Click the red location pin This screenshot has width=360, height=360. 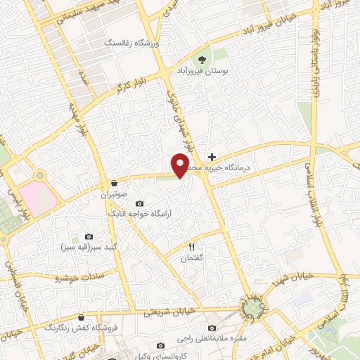coord(180,165)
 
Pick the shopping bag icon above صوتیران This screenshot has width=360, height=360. coord(114,184)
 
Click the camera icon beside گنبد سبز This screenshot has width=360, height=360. coord(89,236)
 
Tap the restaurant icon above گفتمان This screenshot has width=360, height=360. coord(191,247)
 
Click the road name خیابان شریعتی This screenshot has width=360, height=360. coord(172,311)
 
